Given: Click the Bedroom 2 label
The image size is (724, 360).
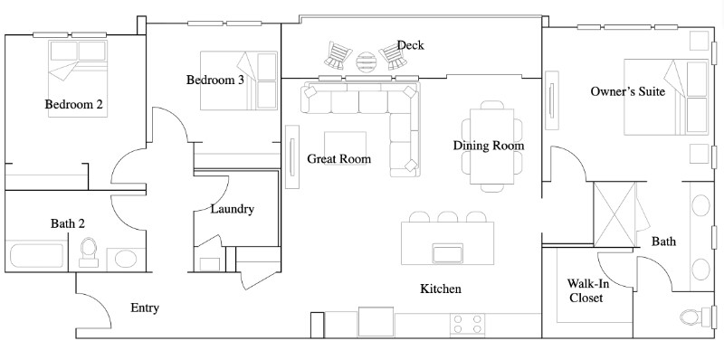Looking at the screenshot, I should [74, 105].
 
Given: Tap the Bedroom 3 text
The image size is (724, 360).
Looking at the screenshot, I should [215, 81].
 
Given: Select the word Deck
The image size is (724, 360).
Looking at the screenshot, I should [410, 45].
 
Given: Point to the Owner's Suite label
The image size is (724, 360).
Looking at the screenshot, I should [628, 91].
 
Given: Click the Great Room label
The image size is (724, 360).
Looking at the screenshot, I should [339, 159].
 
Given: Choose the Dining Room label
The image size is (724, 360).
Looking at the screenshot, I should [489, 146].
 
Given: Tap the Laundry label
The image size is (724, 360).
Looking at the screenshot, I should [232, 209].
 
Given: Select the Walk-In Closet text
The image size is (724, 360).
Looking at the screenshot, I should [586, 289].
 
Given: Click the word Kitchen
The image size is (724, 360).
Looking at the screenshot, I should [441, 289].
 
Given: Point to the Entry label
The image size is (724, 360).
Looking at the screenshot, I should [145, 308].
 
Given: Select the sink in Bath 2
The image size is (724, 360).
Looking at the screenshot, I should [125, 259].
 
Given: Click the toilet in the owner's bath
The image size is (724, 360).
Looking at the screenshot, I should [698, 316].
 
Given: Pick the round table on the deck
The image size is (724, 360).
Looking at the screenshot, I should [367, 61].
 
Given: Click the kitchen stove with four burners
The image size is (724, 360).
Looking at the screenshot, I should [468, 323].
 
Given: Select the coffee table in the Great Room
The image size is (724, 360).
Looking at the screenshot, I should [346, 147].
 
